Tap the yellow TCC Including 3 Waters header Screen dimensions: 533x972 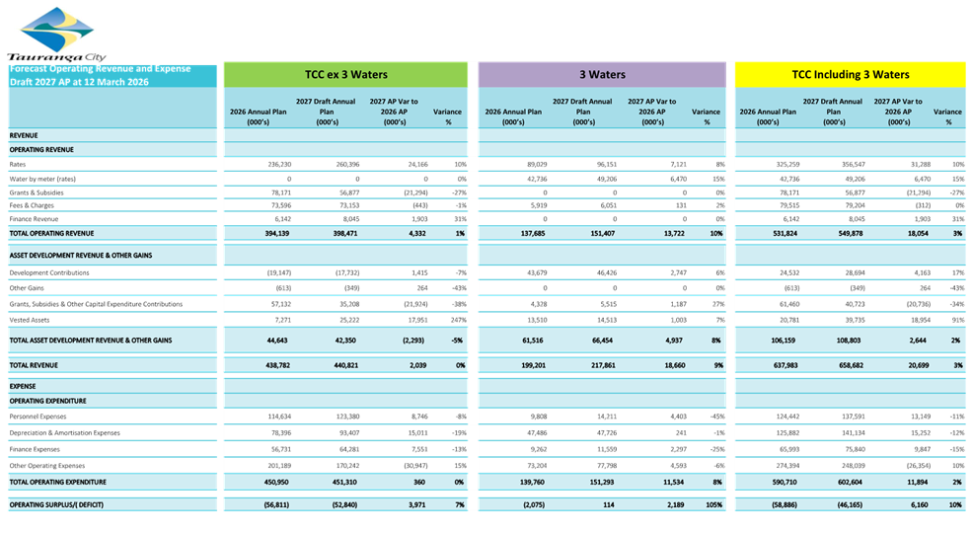tap(850, 74)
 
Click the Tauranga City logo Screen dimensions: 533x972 tap(57, 36)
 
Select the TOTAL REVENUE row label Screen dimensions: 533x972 tap(36, 365)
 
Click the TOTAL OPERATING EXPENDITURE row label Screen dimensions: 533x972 tap(60, 482)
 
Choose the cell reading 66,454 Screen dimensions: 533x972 tap(586, 340)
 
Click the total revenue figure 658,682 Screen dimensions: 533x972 tap(842, 365)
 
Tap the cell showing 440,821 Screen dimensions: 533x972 tap(330, 365)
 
